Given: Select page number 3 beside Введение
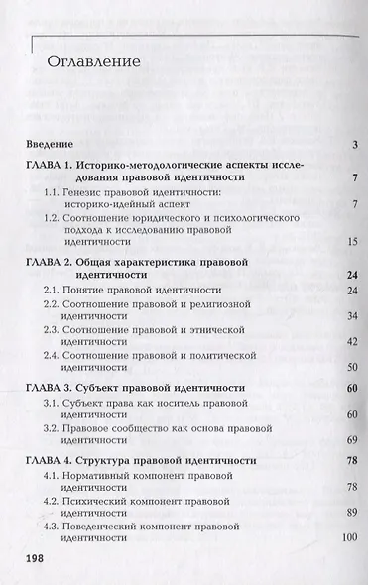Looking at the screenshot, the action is pos(354,146).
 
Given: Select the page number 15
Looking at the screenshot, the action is pos(351,240).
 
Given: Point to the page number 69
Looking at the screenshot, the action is pos(351,438).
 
